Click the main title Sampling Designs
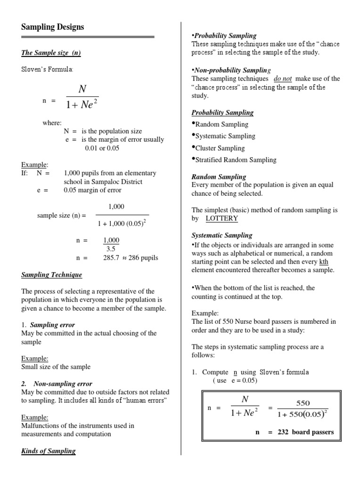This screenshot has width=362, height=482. pyautogui.click(x=53, y=27)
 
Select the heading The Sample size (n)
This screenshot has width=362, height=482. pyautogui.click(x=51, y=53)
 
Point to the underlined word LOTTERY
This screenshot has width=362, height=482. pyautogui.click(x=222, y=219)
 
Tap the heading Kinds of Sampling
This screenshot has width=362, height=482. pyautogui.click(x=49, y=451)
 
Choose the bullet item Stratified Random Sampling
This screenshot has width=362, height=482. pyautogui.click(x=236, y=160)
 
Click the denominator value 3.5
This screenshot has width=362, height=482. pyautogui.click(x=111, y=249)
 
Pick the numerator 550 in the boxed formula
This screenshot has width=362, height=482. pyautogui.click(x=303, y=403)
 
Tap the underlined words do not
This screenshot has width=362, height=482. pyautogui.click(x=283, y=79)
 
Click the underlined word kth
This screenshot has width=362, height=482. pyautogui.click(x=323, y=261)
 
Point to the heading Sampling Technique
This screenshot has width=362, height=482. pyautogui.click(x=51, y=275)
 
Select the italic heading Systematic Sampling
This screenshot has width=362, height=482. pyautogui.click(x=222, y=235)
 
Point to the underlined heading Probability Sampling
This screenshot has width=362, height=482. pyautogui.click(x=222, y=112)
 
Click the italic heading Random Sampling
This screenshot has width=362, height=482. pyautogui.click(x=219, y=177)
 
